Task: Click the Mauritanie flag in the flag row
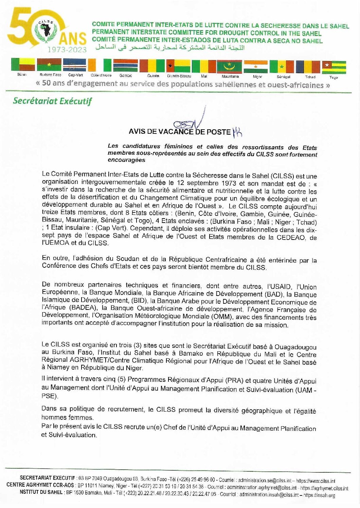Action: (230, 67)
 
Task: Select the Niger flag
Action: (256, 67)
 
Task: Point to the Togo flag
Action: (335, 67)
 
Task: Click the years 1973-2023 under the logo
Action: (67, 50)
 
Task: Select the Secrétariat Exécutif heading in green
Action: (52, 101)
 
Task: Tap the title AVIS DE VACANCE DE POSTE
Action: (179, 132)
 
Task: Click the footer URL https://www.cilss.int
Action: (316, 481)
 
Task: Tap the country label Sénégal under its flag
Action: (283, 77)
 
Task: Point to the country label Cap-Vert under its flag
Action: (75, 75)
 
